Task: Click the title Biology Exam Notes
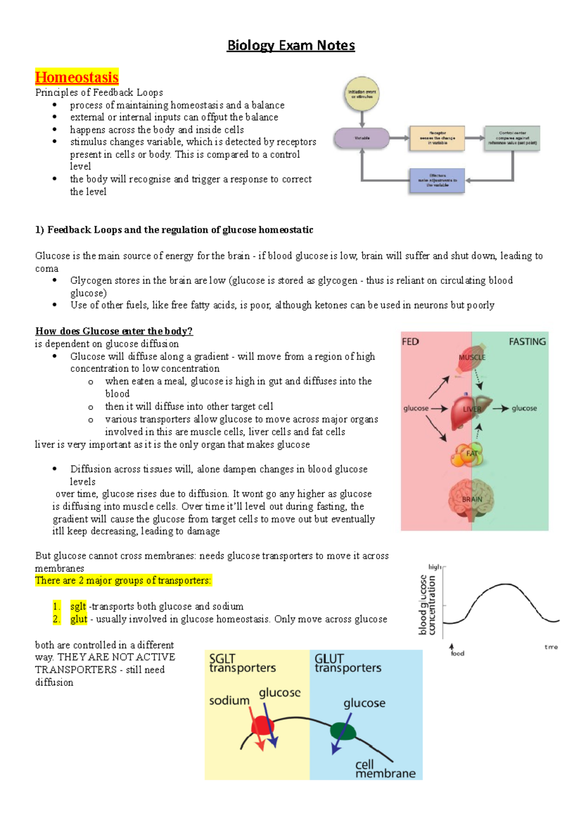(290, 46)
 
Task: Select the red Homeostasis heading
(76, 78)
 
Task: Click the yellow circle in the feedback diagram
(362, 94)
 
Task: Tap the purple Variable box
(362, 138)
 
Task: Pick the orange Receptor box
(437, 138)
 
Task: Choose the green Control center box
(512, 138)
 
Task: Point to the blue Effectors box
(437, 180)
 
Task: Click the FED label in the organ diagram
(410, 342)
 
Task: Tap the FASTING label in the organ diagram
(527, 342)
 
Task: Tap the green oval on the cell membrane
(343, 731)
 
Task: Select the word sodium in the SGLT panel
(229, 701)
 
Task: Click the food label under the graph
(457, 653)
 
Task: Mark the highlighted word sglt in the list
(78, 606)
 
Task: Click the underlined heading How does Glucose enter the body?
(114, 331)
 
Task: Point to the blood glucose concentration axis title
(427, 605)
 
